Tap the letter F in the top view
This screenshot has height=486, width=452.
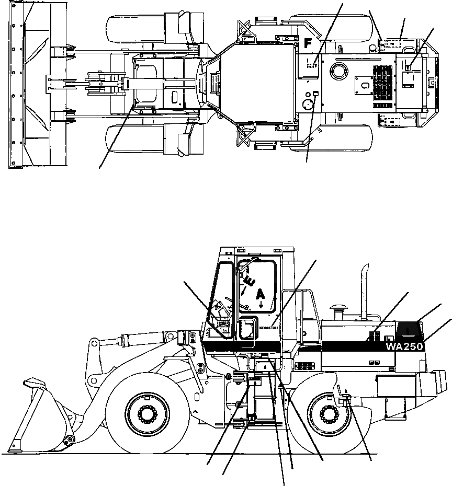click(x=309, y=44)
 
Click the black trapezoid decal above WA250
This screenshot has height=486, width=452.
click(x=410, y=329)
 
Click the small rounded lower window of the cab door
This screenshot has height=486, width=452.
click(x=245, y=330)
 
